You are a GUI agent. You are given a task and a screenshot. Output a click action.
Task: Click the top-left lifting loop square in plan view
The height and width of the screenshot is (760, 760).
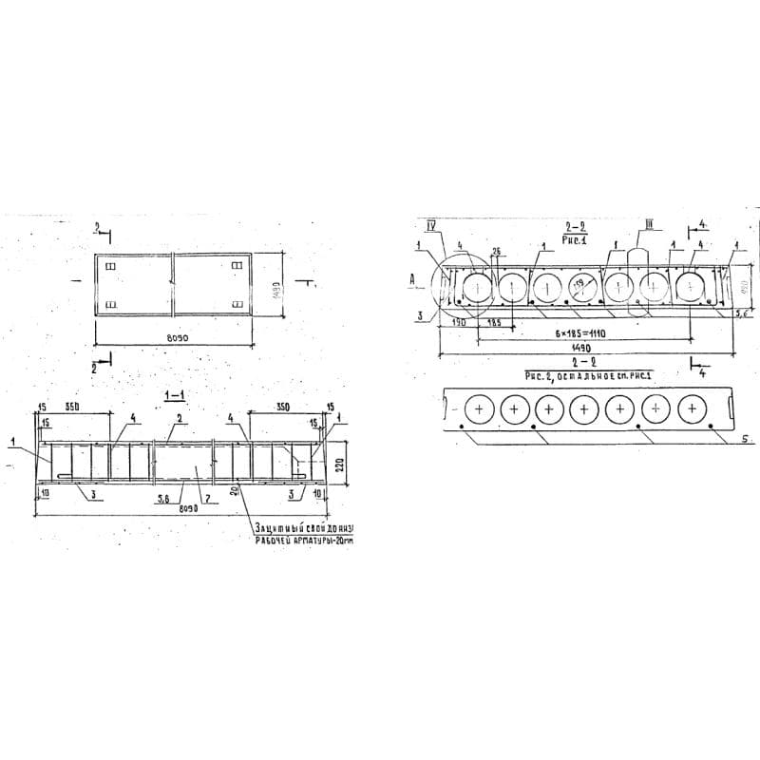click(x=111, y=267)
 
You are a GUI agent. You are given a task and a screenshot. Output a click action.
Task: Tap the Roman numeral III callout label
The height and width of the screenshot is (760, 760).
click(x=648, y=225)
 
